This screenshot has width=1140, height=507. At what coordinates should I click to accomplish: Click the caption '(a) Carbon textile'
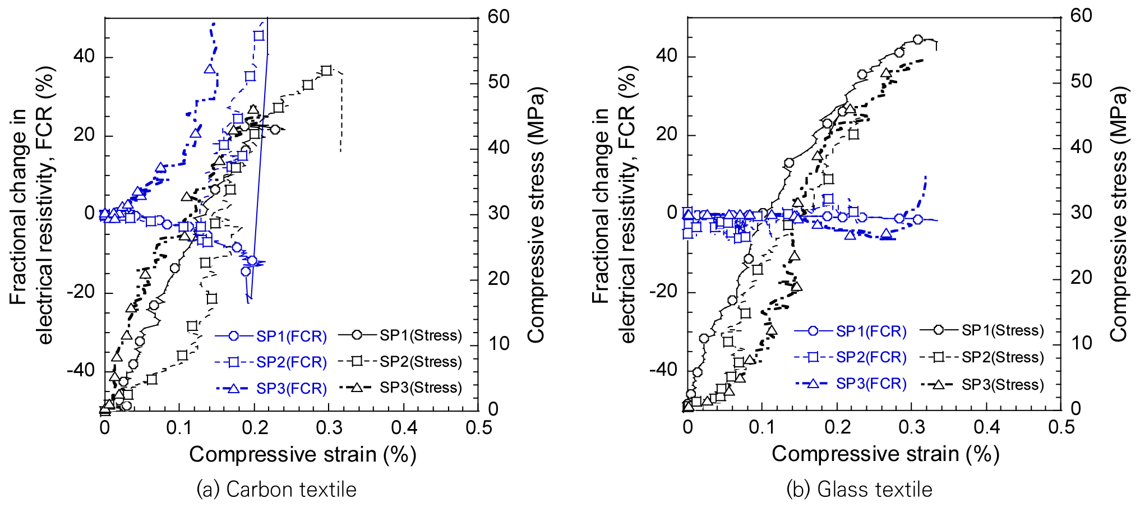(x=276, y=490)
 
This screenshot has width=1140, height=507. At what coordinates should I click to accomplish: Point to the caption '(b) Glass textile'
(x=859, y=490)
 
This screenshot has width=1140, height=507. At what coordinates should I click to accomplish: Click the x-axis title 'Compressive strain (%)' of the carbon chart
(x=302, y=454)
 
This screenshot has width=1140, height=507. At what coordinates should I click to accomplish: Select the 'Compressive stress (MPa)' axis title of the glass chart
(x=1119, y=214)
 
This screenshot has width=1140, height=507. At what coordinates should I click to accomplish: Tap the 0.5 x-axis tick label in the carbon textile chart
(x=479, y=428)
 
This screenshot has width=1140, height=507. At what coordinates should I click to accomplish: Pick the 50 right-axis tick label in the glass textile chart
(x=1081, y=82)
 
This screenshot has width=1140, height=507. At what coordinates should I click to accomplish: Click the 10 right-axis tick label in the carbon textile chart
(x=499, y=343)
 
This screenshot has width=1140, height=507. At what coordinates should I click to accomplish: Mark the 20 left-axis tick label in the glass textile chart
(x=666, y=135)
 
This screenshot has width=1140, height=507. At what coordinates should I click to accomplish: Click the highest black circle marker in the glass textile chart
(x=918, y=39)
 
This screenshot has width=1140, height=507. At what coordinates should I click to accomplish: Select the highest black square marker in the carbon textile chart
(x=327, y=71)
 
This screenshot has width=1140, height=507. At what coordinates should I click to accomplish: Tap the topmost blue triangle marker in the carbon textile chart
(x=210, y=69)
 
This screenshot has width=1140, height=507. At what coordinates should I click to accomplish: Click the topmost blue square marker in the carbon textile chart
(x=259, y=35)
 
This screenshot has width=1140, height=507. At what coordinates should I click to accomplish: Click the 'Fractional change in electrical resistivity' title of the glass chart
(x=614, y=205)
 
